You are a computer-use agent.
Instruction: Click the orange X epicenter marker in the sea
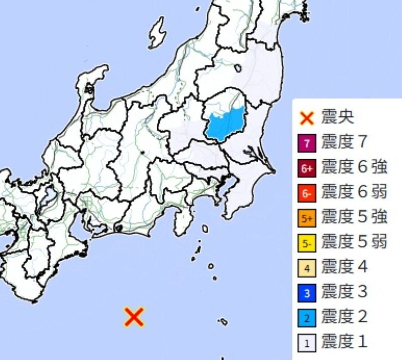pos(134,317)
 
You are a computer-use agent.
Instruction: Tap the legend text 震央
pos(338,118)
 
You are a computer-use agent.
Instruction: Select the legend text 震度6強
pos(354,167)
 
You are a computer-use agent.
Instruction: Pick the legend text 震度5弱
pos(354,242)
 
